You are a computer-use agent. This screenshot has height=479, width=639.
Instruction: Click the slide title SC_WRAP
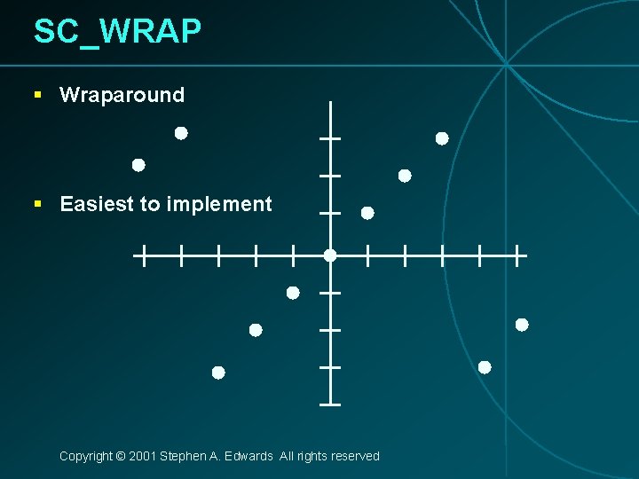coord(117,32)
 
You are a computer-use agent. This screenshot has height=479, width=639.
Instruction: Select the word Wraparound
coord(122,95)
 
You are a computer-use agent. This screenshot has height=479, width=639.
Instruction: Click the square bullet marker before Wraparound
coord(37,94)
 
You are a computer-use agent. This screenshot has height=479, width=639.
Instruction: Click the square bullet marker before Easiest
coord(37,203)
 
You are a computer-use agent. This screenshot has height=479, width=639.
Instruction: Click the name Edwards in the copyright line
coord(249,456)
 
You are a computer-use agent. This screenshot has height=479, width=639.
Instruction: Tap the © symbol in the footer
coord(120,456)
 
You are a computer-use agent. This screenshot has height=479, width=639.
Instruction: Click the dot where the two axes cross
coord(330,255)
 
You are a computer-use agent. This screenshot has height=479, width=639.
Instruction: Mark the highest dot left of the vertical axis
coord(181,133)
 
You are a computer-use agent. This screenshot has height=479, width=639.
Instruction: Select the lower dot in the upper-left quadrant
coord(138,165)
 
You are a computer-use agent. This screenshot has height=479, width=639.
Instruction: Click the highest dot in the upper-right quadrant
coord(442,138)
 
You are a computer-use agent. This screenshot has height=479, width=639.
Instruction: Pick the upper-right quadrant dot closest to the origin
coord(367,213)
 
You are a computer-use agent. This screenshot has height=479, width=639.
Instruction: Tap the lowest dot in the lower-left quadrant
coord(218,373)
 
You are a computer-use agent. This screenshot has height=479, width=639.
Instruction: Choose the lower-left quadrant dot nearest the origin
coord(293,293)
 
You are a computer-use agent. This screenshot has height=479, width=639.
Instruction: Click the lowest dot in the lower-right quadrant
coord(485,367)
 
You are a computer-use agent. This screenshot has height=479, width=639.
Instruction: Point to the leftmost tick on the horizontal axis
coord(142,256)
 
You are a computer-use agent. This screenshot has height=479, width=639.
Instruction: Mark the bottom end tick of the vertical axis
coord(330,404)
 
